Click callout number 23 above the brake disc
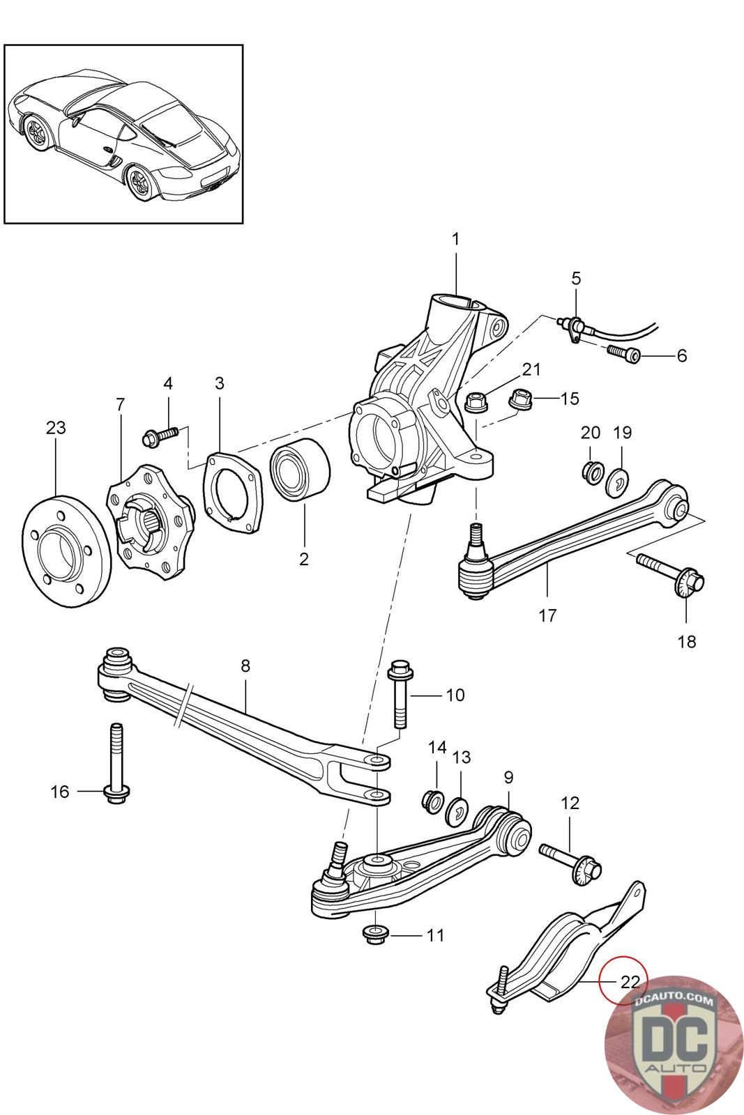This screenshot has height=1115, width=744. (56, 428)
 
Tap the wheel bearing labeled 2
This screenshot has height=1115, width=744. (299, 469)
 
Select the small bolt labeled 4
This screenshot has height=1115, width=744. (160, 437)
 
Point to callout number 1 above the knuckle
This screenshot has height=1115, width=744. (455, 239)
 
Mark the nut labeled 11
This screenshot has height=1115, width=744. (377, 936)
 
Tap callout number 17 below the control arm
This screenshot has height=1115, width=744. (547, 616)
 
